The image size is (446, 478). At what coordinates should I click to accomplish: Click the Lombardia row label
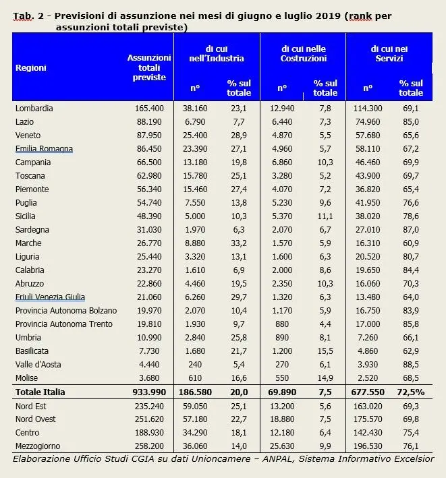[34, 109]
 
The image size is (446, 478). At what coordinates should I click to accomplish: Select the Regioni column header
[31, 67]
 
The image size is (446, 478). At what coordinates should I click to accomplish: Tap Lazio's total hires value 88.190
[149, 122]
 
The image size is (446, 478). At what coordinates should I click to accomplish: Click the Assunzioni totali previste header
[149, 67]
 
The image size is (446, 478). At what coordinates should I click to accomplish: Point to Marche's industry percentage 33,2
[239, 243]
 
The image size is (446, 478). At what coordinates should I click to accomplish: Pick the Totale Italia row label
[40, 392]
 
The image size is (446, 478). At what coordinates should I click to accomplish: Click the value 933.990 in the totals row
[149, 392]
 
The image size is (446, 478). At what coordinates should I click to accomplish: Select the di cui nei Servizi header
[389, 54]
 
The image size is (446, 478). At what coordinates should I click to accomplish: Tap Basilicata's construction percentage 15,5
[325, 351]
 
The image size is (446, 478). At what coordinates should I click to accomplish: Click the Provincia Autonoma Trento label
[64, 324]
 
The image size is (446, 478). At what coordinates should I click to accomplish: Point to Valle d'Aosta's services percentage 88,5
[411, 365]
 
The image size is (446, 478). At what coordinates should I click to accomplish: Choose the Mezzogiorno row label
[38, 446]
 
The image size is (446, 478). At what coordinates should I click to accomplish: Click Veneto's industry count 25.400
[195, 136]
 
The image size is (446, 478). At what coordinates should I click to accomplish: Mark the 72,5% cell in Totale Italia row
[411, 392]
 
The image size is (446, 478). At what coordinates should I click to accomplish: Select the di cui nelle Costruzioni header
[304, 54]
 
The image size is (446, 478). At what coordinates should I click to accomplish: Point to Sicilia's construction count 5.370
[282, 216]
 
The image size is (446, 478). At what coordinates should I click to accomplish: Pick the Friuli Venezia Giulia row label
[51, 297]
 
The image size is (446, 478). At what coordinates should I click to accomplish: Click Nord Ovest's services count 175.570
[368, 419]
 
